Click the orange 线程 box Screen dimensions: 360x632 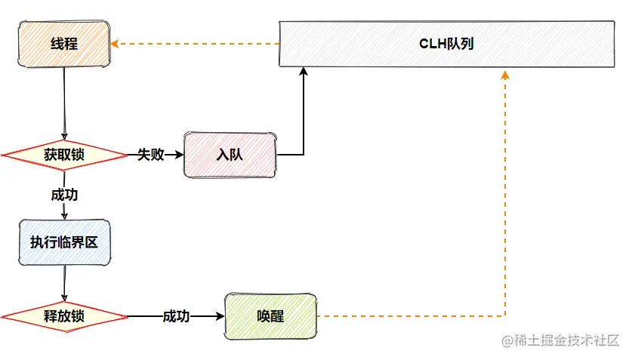(64, 44)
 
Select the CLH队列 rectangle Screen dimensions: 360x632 (446, 44)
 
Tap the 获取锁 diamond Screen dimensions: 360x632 (64, 155)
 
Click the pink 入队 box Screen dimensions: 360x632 (230, 155)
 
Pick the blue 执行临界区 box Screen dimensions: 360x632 (64, 242)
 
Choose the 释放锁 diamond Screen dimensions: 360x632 (64, 316)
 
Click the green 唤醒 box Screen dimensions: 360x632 (270, 316)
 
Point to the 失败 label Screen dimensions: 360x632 (150, 155)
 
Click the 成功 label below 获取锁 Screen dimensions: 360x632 (64, 194)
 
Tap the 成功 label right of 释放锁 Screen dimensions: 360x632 (176, 316)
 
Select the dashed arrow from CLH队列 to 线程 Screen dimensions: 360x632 (196, 44)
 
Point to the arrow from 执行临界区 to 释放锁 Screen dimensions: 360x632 (64, 283)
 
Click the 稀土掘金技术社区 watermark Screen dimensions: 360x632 (560, 340)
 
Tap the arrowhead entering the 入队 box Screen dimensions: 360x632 (180, 155)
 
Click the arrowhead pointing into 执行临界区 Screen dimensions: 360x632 (64, 216)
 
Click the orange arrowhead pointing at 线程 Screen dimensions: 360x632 (115, 44)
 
